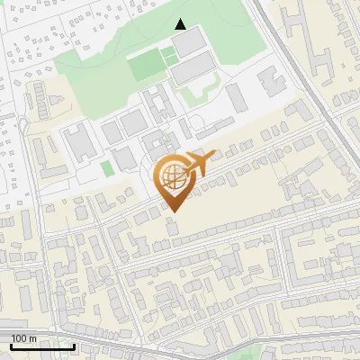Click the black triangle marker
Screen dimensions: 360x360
181,24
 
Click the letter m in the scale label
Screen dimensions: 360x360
33,338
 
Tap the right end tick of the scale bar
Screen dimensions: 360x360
75,346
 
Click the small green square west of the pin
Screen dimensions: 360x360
107,168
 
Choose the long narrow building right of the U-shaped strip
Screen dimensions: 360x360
235,96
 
